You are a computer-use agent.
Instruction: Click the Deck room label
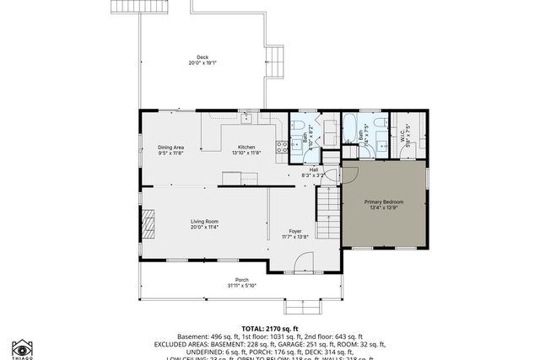pos(198,57)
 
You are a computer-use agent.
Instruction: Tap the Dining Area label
pos(170,147)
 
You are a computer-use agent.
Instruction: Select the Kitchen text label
pos(246,147)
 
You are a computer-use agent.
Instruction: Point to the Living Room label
pos(204,221)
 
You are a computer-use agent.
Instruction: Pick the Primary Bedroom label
pos(384,201)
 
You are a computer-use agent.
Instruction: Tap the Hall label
pos(313,169)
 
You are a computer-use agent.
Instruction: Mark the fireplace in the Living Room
pos(148,223)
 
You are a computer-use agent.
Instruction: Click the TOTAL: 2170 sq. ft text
pos(270,328)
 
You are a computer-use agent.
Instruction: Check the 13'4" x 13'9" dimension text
pos(384,208)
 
